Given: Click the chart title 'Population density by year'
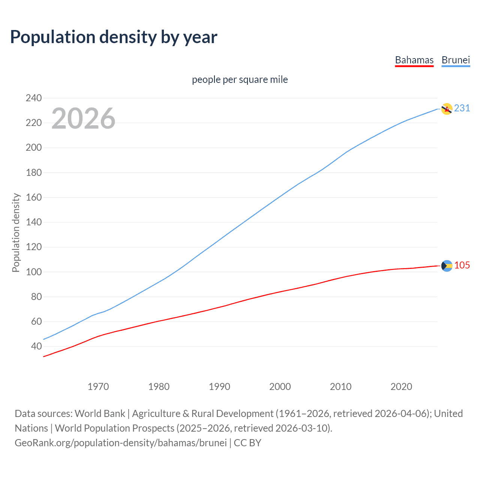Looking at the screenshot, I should (114, 37).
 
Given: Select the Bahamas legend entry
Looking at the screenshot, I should (414, 60).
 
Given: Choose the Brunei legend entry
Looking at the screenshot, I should (456, 60).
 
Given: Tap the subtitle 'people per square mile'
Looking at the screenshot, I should (240, 79).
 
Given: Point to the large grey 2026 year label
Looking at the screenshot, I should (83, 118).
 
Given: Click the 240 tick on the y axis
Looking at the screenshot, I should (34, 98).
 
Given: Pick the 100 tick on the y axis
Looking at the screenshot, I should (34, 272).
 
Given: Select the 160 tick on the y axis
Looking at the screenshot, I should (34, 197).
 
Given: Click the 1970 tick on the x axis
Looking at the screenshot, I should (98, 387).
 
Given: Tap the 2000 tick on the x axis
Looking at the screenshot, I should (280, 387).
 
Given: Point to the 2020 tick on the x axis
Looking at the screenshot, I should (401, 387).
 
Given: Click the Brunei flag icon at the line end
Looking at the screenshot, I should (447, 109).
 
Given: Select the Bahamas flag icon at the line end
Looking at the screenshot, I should (447, 266).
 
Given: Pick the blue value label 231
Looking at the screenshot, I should (462, 108).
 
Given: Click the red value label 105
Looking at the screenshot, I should (462, 265).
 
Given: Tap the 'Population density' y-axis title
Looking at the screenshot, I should (16, 232).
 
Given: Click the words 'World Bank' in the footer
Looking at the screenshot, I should (100, 414).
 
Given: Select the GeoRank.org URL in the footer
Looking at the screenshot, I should (121, 443).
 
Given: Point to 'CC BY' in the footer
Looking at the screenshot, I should (247, 443).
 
